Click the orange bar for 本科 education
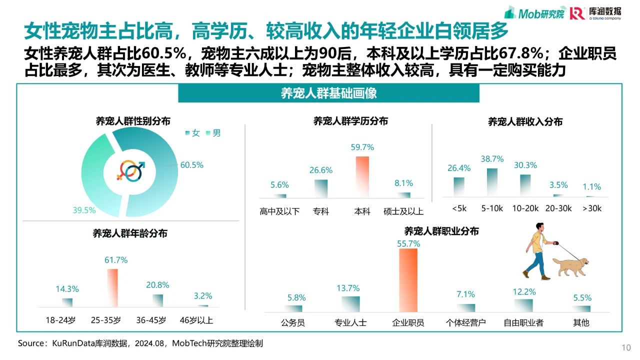[362, 177]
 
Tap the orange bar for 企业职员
[408, 280]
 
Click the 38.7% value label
[492, 159]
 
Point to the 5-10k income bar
[492, 182]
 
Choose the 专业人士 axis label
[350, 322]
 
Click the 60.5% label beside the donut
[192, 165]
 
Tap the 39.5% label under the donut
[84, 210]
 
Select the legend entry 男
[213, 133]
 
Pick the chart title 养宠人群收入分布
[525, 122]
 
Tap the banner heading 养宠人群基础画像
[328, 93]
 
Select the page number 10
[626, 347]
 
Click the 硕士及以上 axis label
[403, 211]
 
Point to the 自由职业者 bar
[523, 305]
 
